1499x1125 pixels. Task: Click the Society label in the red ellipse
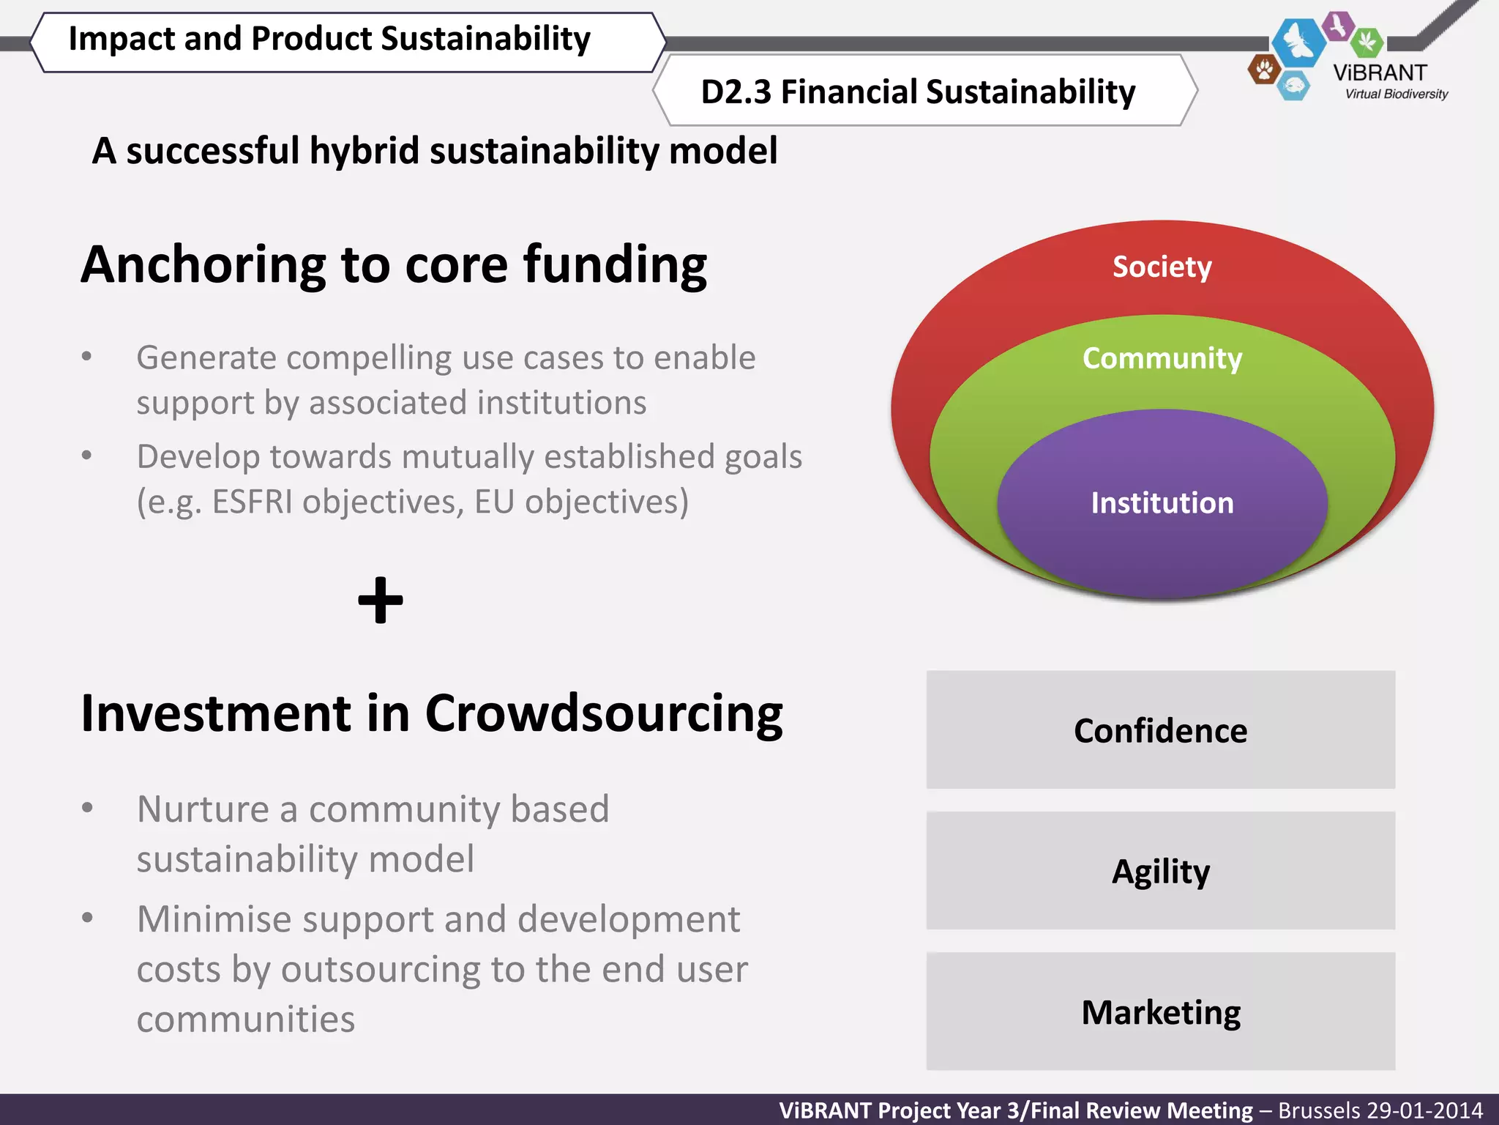click(x=1162, y=267)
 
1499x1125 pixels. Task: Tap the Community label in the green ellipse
click(x=1162, y=358)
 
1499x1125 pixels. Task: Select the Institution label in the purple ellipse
click(x=1162, y=503)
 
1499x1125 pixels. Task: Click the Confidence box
click(x=1160, y=730)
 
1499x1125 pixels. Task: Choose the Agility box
click(x=1160, y=871)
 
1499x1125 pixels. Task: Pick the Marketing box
click(x=1160, y=1012)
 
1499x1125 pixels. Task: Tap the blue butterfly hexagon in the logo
click(x=1298, y=42)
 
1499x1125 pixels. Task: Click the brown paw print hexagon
click(x=1263, y=70)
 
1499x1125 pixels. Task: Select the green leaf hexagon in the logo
click(x=1367, y=42)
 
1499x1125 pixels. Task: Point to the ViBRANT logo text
click(x=1380, y=73)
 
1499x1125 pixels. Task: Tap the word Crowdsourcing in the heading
click(x=604, y=714)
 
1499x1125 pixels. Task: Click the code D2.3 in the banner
click(x=736, y=92)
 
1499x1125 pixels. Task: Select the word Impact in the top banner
click(x=122, y=39)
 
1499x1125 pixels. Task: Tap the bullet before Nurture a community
click(x=87, y=808)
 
